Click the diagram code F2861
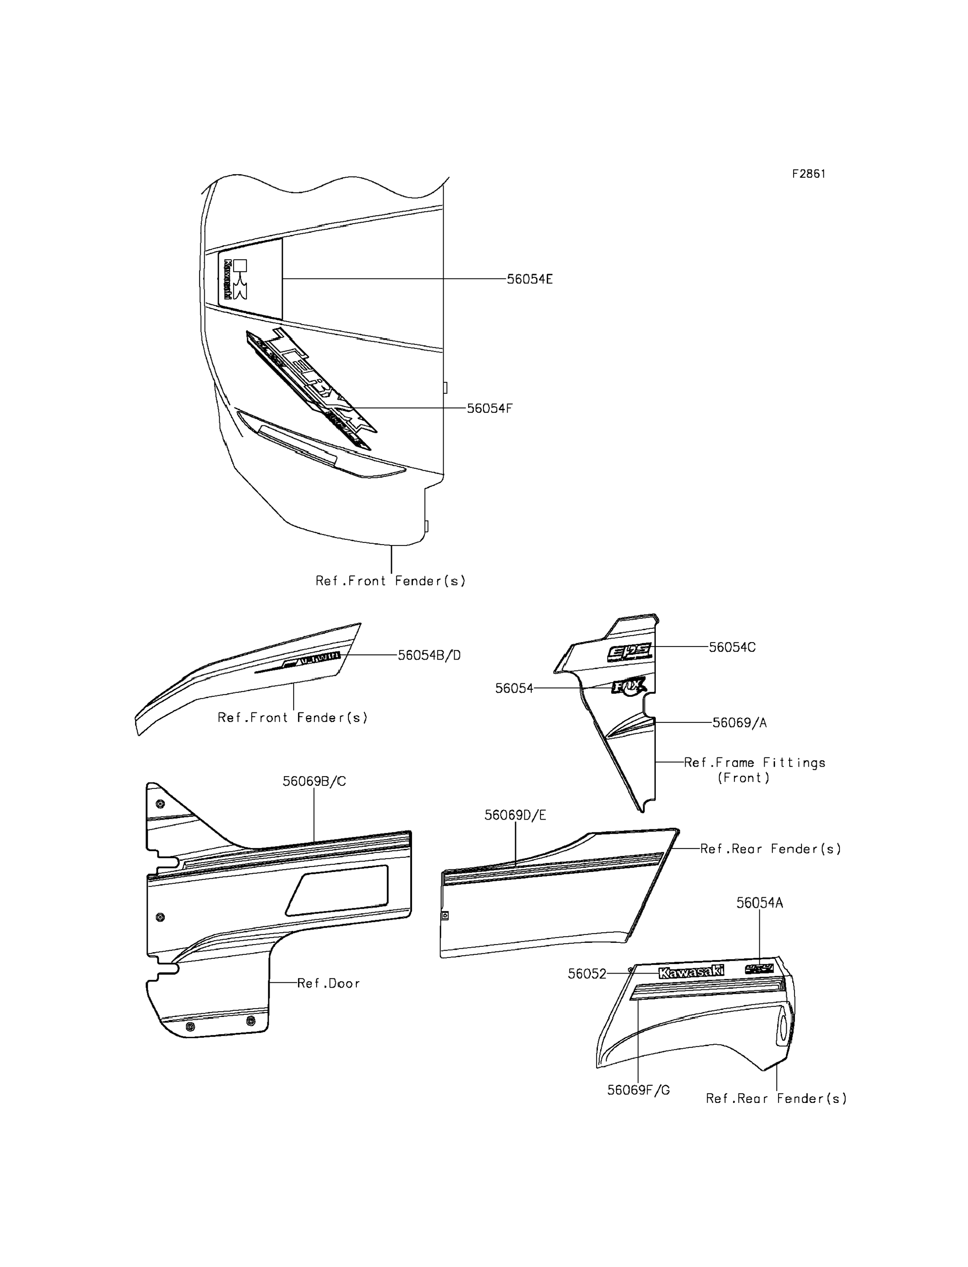pyautogui.click(x=808, y=174)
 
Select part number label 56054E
pyautogui.click(x=530, y=279)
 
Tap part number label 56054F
pyautogui.click(x=489, y=409)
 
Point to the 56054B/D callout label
pyautogui.click(x=429, y=655)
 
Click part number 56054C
pyautogui.click(x=732, y=647)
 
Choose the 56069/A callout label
pyautogui.click(x=739, y=723)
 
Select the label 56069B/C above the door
pyautogui.click(x=314, y=782)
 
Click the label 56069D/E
pyautogui.click(x=515, y=815)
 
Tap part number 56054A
pyautogui.click(x=759, y=903)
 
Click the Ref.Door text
pyautogui.click(x=328, y=983)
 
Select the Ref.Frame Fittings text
pyautogui.click(x=754, y=763)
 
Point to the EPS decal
pyautogui.click(x=629, y=652)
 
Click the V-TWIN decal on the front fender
pyautogui.click(x=317, y=658)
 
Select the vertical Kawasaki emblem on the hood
pyautogui.click(x=228, y=279)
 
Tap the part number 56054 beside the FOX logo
pyautogui.click(x=514, y=688)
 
